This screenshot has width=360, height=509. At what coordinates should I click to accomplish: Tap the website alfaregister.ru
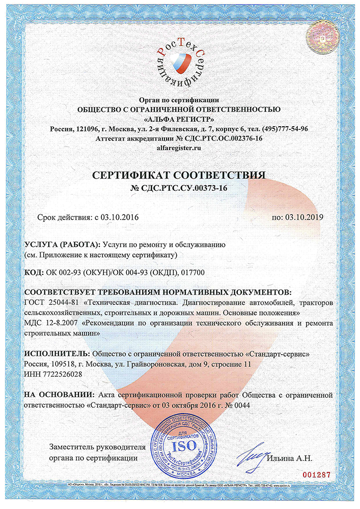tap(179, 148)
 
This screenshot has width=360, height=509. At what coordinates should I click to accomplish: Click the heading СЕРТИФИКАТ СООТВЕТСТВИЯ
tap(179, 176)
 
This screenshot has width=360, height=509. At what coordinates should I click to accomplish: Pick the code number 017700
tap(194, 273)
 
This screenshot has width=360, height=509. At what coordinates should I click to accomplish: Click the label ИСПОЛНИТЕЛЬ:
tap(56, 354)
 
